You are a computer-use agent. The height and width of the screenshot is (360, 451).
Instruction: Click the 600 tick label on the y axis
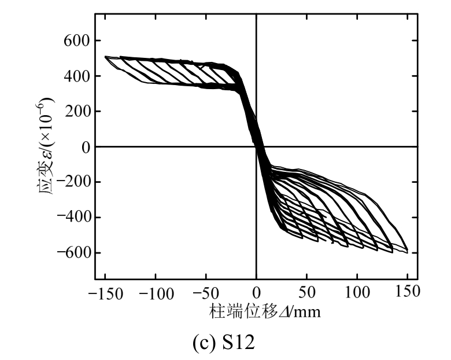point(75,41)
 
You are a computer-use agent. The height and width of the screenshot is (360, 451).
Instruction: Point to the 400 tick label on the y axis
point(75,76)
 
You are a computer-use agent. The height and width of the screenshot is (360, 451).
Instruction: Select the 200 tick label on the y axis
point(75,112)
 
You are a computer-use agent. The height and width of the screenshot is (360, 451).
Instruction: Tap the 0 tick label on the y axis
point(84,147)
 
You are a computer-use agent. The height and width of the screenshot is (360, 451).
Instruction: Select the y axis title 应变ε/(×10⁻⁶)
point(47,147)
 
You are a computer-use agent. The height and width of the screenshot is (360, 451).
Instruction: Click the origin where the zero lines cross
point(256,146)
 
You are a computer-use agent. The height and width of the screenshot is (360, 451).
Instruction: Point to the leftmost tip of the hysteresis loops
point(105,57)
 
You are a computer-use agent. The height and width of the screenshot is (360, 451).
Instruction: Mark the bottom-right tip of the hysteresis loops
point(408,252)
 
